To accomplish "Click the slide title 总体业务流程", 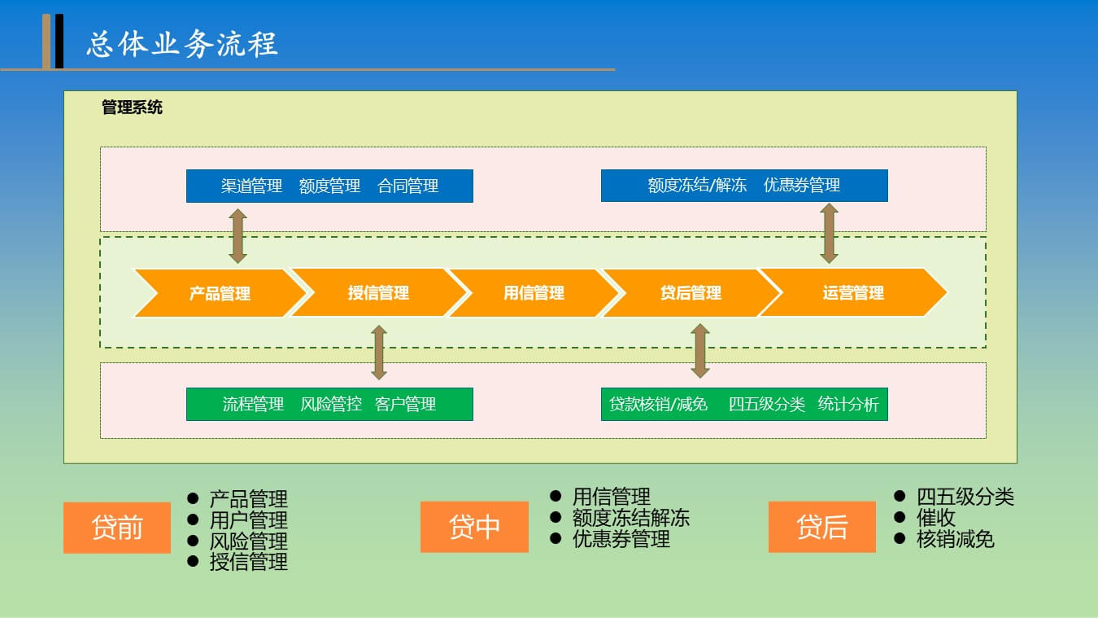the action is (x=182, y=44).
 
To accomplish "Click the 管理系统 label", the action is (x=132, y=107).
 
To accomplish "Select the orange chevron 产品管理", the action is (x=220, y=293).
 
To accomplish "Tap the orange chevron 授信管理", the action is (x=378, y=292).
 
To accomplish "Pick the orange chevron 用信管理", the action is (x=534, y=292).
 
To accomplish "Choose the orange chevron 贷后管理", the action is (x=691, y=292).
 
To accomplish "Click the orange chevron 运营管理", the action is (x=853, y=292).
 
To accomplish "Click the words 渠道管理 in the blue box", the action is (x=251, y=186).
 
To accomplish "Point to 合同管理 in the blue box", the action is (x=407, y=186).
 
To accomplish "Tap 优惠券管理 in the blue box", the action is (x=802, y=185).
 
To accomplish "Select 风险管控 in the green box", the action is (x=331, y=404).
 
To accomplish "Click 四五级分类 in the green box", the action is (x=767, y=404).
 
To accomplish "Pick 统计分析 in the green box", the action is (x=848, y=404).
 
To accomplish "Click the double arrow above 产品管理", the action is (x=237, y=236).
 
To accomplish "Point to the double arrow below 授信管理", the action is (x=379, y=353).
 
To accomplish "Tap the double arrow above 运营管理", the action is (x=829, y=234).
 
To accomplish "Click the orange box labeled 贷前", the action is (x=117, y=528).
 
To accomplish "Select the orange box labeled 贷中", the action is (x=474, y=527).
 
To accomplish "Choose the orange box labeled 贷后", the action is (x=822, y=527).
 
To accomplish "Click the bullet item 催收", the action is (x=936, y=518).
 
